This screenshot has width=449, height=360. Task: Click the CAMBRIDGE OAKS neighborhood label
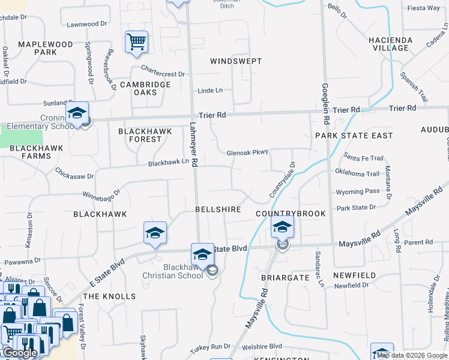pyautogui.click(x=145, y=88)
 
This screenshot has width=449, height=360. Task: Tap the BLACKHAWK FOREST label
pyautogui.click(x=145, y=135)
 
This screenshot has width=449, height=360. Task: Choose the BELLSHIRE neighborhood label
pyautogui.click(x=218, y=209)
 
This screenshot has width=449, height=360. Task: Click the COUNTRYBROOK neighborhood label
pyautogui.click(x=291, y=214)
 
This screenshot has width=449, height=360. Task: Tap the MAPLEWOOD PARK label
pyautogui.click(x=45, y=48)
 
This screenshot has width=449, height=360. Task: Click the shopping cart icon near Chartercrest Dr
pyautogui.click(x=136, y=41)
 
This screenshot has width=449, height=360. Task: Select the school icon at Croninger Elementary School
pyautogui.click(x=77, y=113)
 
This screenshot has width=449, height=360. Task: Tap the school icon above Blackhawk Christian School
pyautogui.click(x=202, y=254)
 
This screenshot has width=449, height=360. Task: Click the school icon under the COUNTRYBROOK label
pyautogui.click(x=282, y=227)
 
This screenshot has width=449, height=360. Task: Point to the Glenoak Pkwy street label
pyautogui.click(x=247, y=153)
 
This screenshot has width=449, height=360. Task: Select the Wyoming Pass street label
pyautogui.click(x=358, y=192)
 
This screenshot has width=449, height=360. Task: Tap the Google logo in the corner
pyautogui.click(x=19, y=353)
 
